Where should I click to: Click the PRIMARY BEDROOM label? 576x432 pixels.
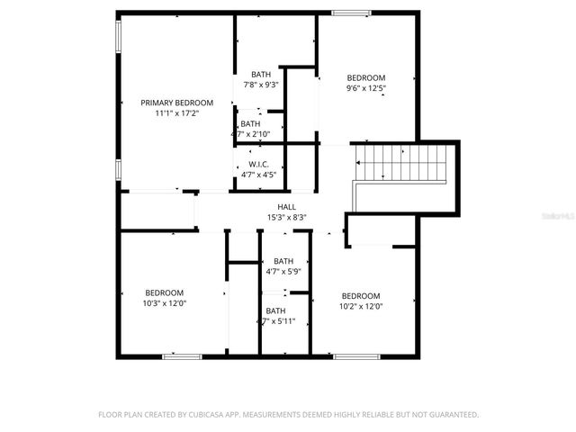[176, 103]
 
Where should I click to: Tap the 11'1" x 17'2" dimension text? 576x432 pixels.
[176, 113]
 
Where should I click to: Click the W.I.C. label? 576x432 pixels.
[261, 164]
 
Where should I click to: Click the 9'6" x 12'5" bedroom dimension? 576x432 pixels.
[365, 88]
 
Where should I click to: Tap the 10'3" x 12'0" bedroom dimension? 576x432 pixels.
[165, 303]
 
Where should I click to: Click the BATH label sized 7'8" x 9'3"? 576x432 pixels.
[261, 74]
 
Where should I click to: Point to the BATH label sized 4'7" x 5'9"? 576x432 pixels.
[283, 261]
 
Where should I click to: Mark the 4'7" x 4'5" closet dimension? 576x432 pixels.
[261, 175]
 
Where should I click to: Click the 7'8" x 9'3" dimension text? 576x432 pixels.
[261, 85]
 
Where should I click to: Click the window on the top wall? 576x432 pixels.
[350, 13]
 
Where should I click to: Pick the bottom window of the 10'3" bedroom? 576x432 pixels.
[181, 356]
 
